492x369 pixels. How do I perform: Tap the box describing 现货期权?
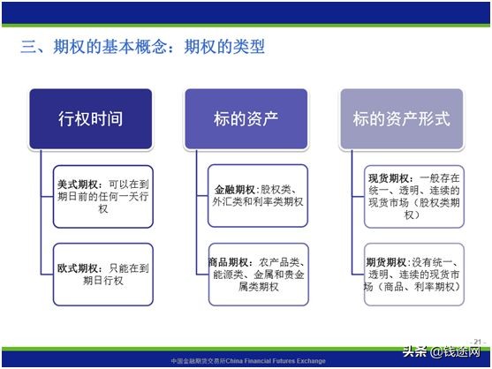[x=412, y=196]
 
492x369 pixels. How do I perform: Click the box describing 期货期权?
[x=412, y=275]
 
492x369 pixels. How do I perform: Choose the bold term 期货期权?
[x=387, y=262]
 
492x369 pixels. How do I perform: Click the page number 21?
[x=478, y=339]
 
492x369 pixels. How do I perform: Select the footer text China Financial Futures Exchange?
[x=265, y=361]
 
